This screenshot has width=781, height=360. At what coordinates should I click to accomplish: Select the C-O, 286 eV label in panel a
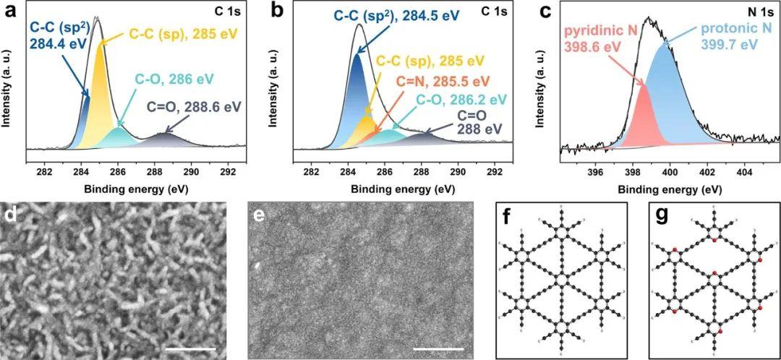coord(174,80)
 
